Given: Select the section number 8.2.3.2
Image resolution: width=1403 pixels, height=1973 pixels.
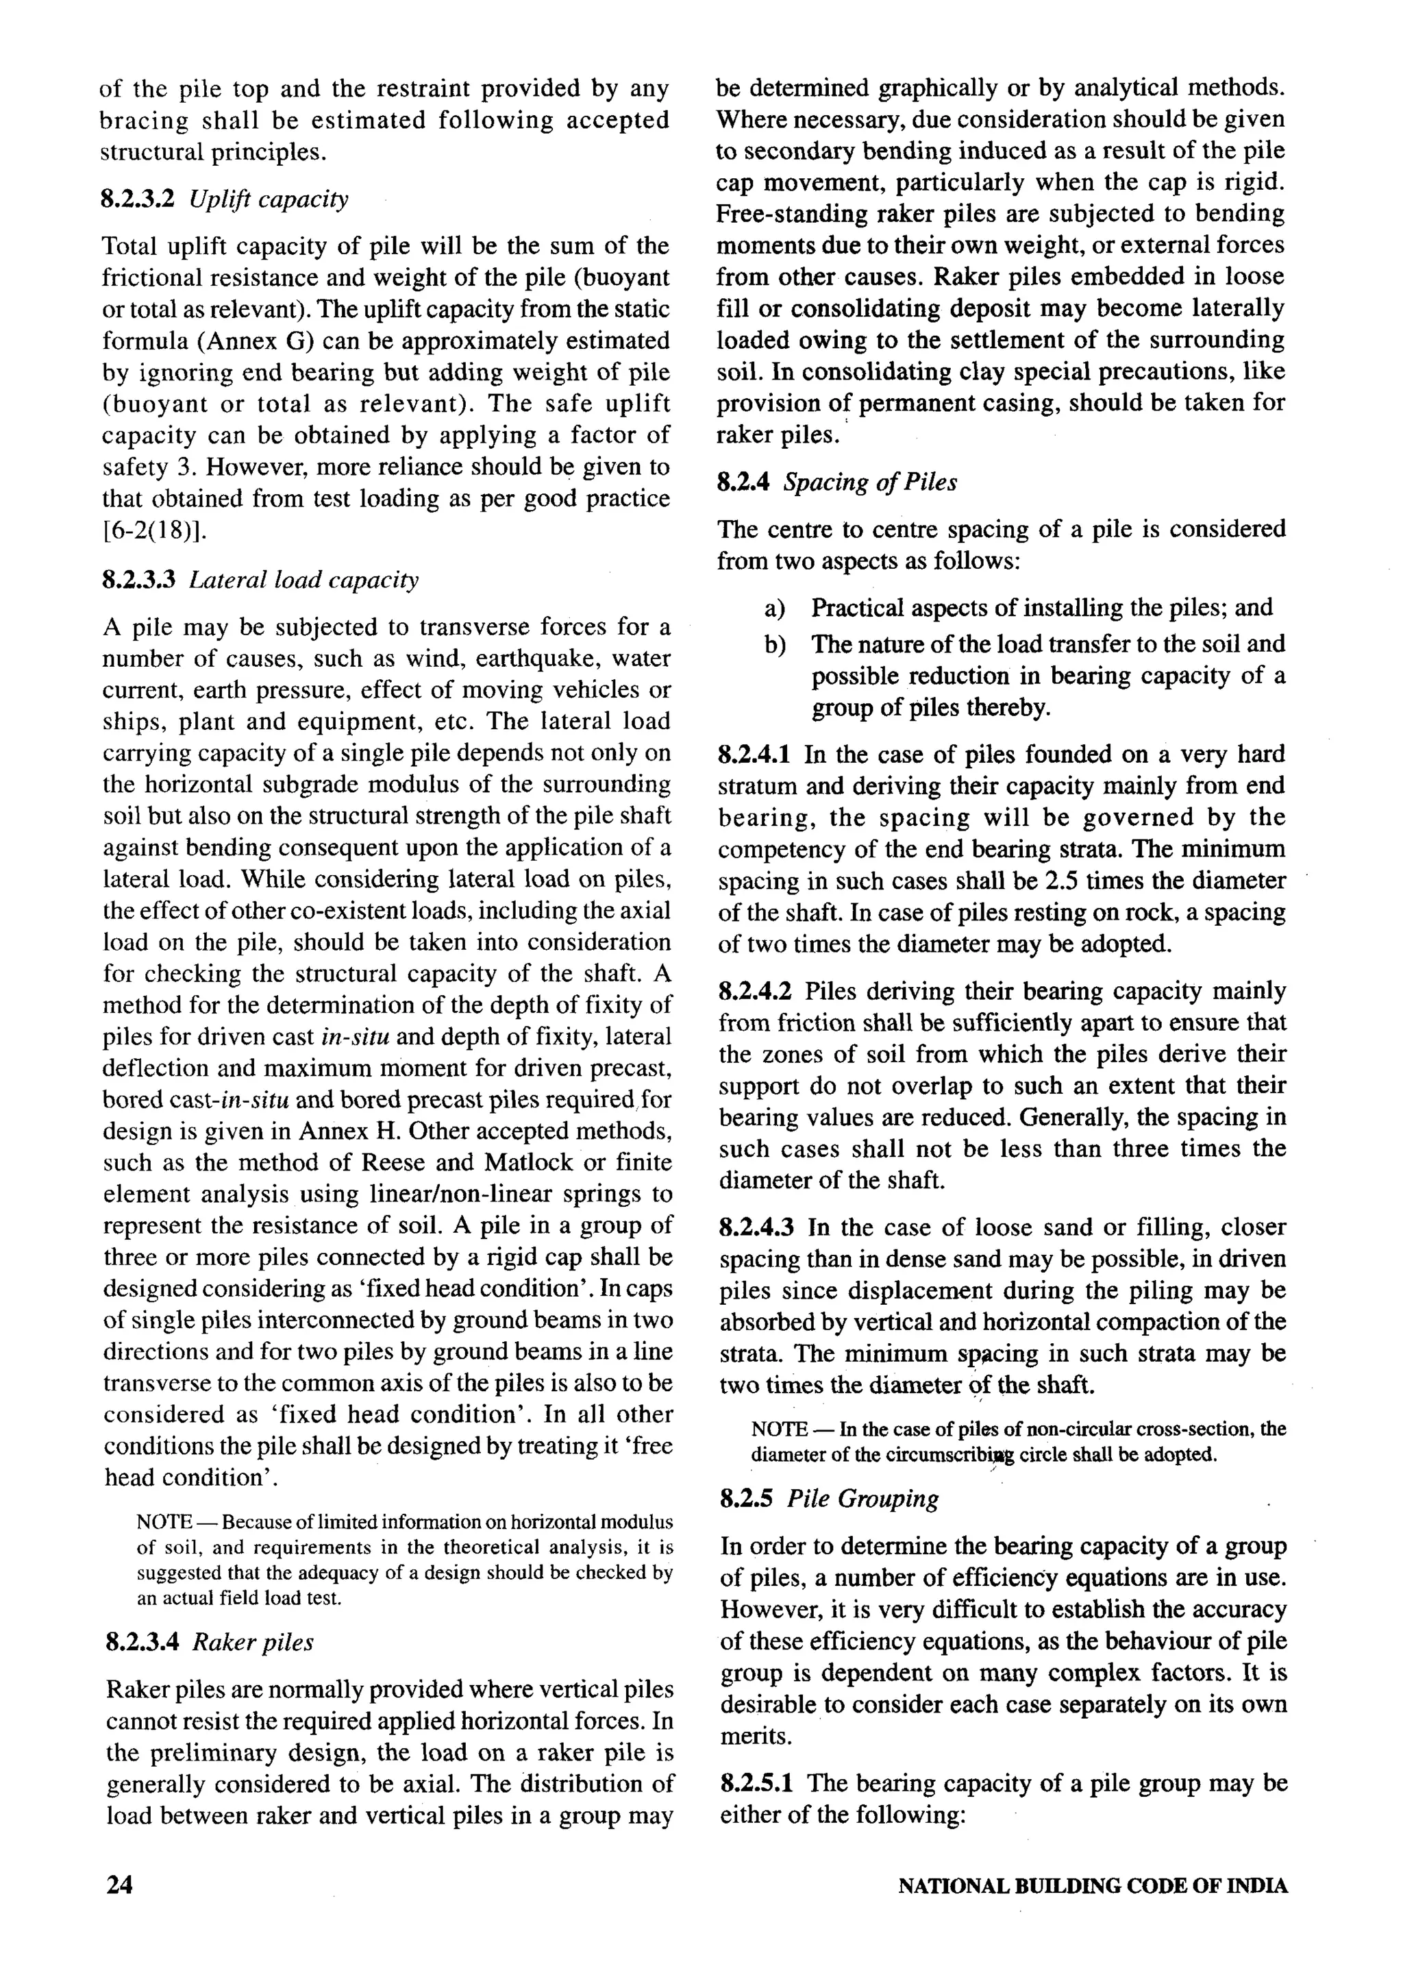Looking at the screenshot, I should click(x=138, y=199).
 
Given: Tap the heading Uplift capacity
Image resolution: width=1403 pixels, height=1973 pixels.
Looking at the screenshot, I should click(x=269, y=199).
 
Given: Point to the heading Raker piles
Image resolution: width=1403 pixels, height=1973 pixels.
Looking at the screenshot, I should click(x=252, y=1642).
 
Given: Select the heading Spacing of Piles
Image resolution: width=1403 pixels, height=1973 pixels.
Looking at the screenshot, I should click(x=869, y=482).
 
